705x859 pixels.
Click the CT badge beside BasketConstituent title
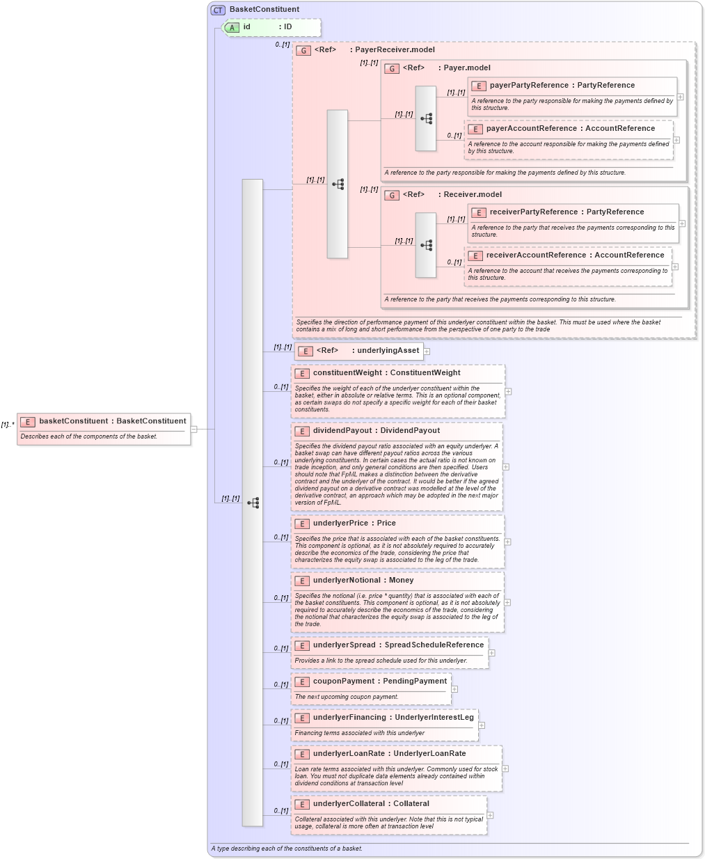[x=219, y=10]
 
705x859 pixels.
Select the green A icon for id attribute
[x=232, y=27]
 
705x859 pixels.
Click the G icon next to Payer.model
[x=392, y=68]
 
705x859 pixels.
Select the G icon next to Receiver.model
[x=392, y=195]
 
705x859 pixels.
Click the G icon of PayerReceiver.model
[x=303, y=50]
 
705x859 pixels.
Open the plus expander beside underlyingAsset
[x=427, y=352]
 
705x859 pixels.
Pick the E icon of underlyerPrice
[x=302, y=523]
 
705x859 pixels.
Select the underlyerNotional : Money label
[x=363, y=581]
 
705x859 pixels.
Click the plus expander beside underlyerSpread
[x=492, y=653]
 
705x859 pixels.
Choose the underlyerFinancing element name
[x=349, y=718]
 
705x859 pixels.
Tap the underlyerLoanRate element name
[x=348, y=754]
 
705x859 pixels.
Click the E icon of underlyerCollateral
[x=302, y=804]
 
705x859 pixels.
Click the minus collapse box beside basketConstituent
[x=194, y=429]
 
